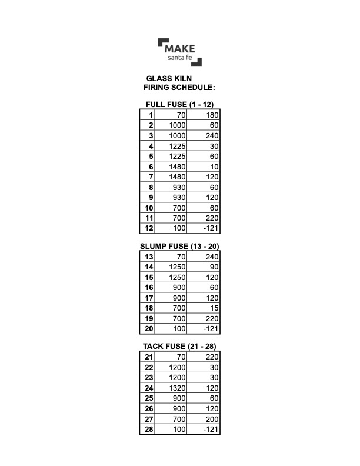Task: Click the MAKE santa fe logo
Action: [x=180, y=52]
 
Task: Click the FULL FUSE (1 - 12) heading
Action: [x=179, y=105]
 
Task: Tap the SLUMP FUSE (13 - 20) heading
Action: [x=179, y=246]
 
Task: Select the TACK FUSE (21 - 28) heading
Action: [x=179, y=346]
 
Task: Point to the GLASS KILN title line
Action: [x=169, y=78]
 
